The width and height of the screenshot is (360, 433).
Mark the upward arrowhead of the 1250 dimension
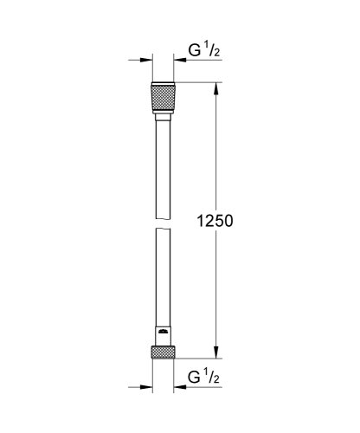pos(215,87)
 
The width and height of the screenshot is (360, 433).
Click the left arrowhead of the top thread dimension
pos(145,61)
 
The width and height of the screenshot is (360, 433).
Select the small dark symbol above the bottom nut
pos(162,333)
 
